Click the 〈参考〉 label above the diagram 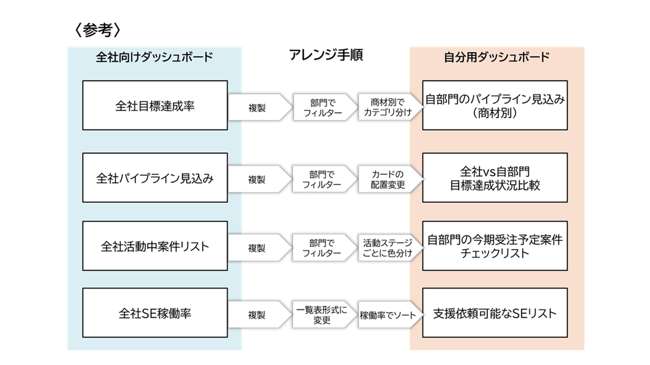[x=97, y=30]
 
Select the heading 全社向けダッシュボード [x=154, y=57]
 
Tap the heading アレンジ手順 [x=326, y=55]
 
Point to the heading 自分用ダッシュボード [x=497, y=57]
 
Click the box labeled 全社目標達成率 [x=155, y=106]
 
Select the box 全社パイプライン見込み [x=155, y=178]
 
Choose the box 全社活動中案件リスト [x=155, y=246]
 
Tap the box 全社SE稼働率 [x=155, y=313]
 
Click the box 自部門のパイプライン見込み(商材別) [x=495, y=106]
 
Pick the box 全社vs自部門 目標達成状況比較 [x=495, y=178]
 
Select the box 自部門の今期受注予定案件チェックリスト [x=495, y=246]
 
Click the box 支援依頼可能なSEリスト [x=495, y=313]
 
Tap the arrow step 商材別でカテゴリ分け [x=387, y=107]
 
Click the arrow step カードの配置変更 [x=387, y=179]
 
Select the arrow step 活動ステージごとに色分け [x=387, y=248]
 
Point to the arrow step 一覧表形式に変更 [x=322, y=315]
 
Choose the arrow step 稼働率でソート [x=387, y=315]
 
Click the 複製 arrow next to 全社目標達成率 [x=257, y=108]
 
